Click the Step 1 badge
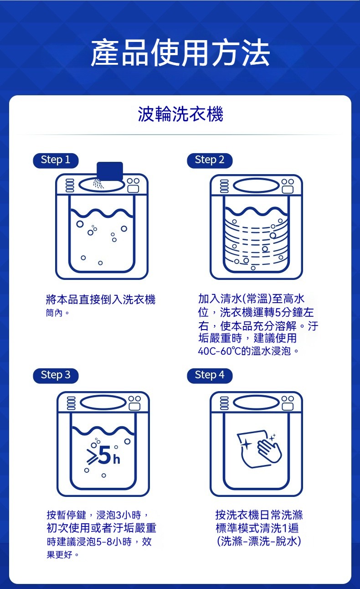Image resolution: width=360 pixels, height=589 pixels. [56, 160]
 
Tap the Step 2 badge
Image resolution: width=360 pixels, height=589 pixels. [210, 160]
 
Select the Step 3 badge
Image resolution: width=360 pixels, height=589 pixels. [56, 376]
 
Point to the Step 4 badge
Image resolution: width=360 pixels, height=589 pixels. [210, 376]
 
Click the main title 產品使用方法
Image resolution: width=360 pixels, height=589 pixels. [180, 52]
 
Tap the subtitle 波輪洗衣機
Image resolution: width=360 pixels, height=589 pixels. [180, 114]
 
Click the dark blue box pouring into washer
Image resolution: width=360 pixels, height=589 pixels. [110, 171]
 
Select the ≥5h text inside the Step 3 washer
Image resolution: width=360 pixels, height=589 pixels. [103, 456]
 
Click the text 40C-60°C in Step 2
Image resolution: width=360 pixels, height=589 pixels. [219, 351]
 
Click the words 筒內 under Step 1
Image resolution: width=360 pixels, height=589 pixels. [54, 313]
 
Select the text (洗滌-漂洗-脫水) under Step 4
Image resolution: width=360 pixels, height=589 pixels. [259, 542]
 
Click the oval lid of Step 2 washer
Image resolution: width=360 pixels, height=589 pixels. [256, 186]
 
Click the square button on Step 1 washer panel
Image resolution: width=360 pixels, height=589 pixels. [133, 189]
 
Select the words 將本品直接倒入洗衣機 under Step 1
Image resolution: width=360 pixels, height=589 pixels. [101, 300]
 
